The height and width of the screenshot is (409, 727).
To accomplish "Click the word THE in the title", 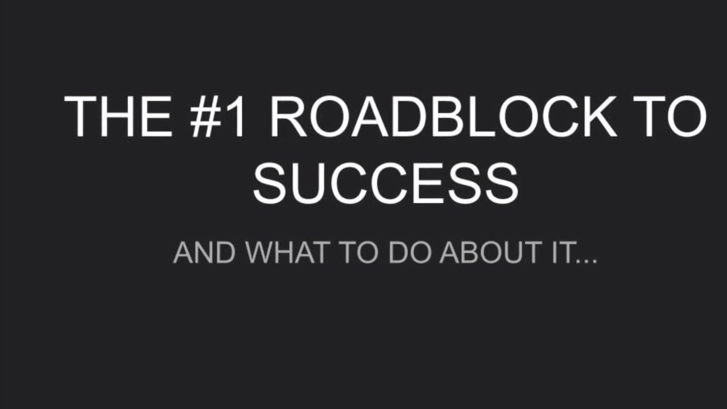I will click(x=118, y=116).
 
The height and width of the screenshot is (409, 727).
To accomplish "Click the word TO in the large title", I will click(x=674, y=116).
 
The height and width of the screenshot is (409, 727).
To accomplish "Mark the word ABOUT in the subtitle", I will click(x=488, y=253).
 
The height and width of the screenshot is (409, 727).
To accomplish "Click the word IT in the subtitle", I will click(x=558, y=253).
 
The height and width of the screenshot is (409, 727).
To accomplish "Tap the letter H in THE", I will click(x=117, y=116).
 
